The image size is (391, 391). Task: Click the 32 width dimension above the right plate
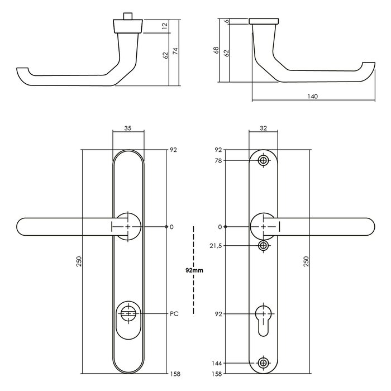point(263,128)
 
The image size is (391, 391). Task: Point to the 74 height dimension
point(176,51)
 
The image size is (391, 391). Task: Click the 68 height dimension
point(216,50)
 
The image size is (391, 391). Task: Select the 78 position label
point(218,161)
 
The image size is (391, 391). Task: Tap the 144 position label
point(217,363)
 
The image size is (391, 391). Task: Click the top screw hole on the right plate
point(263,161)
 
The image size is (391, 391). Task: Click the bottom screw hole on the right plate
point(263,363)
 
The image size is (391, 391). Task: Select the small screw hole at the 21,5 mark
point(263,246)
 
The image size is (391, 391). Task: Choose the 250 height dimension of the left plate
point(79,261)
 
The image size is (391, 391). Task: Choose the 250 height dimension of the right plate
point(307,261)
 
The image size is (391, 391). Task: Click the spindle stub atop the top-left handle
point(128,14)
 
